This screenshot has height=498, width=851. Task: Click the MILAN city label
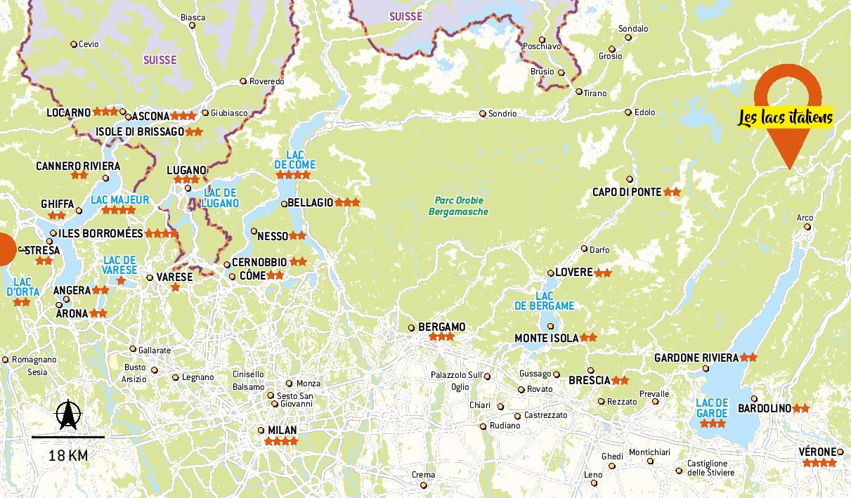tap(282, 430)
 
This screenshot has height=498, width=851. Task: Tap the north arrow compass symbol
tap(68, 415)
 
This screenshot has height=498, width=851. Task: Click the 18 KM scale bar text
tap(68, 456)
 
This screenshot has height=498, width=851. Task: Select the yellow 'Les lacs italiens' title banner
tap(785, 117)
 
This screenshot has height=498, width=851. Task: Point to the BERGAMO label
tap(441, 327)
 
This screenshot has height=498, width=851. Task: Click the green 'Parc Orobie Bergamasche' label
tap(458, 206)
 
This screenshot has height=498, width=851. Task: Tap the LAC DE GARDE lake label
tap(711, 408)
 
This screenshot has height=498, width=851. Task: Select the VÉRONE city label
tap(817, 452)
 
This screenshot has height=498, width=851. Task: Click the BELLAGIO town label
tap(310, 202)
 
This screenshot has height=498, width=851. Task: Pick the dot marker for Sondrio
tap(483, 114)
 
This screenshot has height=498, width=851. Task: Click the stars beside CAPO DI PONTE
tap(672, 192)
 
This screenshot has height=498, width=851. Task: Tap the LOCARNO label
tap(69, 112)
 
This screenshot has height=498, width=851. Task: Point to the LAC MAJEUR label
tap(120, 199)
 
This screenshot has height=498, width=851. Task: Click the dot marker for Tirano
tap(579, 92)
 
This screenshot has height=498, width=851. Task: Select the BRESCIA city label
tap(589, 380)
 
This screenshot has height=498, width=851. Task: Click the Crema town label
tap(423, 476)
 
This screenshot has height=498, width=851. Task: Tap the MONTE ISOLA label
tap(546, 338)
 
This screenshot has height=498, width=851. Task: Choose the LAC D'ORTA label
tap(21, 287)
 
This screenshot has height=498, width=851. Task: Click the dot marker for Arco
tap(807, 227)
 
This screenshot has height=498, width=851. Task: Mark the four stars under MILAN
tap(281, 442)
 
